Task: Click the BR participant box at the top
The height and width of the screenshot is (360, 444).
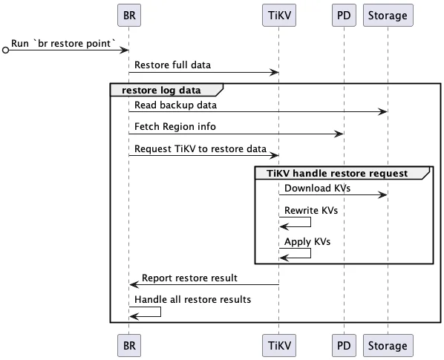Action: coord(129,16)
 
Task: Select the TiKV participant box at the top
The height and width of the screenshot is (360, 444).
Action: coord(279,16)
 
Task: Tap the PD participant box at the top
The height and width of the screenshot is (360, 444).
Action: coord(344,16)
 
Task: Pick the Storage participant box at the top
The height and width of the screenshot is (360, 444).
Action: coord(388,16)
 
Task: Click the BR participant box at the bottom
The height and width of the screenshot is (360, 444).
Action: coord(129,345)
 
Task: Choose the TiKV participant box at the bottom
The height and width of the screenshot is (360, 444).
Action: coord(279,345)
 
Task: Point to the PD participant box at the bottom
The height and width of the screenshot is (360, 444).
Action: coord(344,345)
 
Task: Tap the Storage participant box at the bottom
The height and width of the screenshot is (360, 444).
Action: coord(388,345)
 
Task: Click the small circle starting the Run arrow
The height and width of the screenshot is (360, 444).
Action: coord(5,50)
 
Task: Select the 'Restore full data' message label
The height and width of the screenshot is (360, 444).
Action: coord(172,65)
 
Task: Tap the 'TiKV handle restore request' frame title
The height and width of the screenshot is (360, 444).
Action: coord(337,173)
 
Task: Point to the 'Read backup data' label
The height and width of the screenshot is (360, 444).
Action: coord(175,105)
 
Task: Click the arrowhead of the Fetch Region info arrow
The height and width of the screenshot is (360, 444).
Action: coord(339,134)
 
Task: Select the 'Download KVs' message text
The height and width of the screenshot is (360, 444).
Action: coord(318,189)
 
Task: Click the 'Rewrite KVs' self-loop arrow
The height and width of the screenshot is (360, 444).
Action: coord(310,222)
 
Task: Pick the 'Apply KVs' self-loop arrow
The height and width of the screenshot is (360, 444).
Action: coord(310,253)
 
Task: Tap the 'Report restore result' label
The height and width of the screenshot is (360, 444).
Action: coord(189,278)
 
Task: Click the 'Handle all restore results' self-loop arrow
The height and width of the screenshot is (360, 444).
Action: coord(160,312)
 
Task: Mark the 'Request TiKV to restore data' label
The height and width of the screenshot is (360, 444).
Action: coord(200,149)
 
